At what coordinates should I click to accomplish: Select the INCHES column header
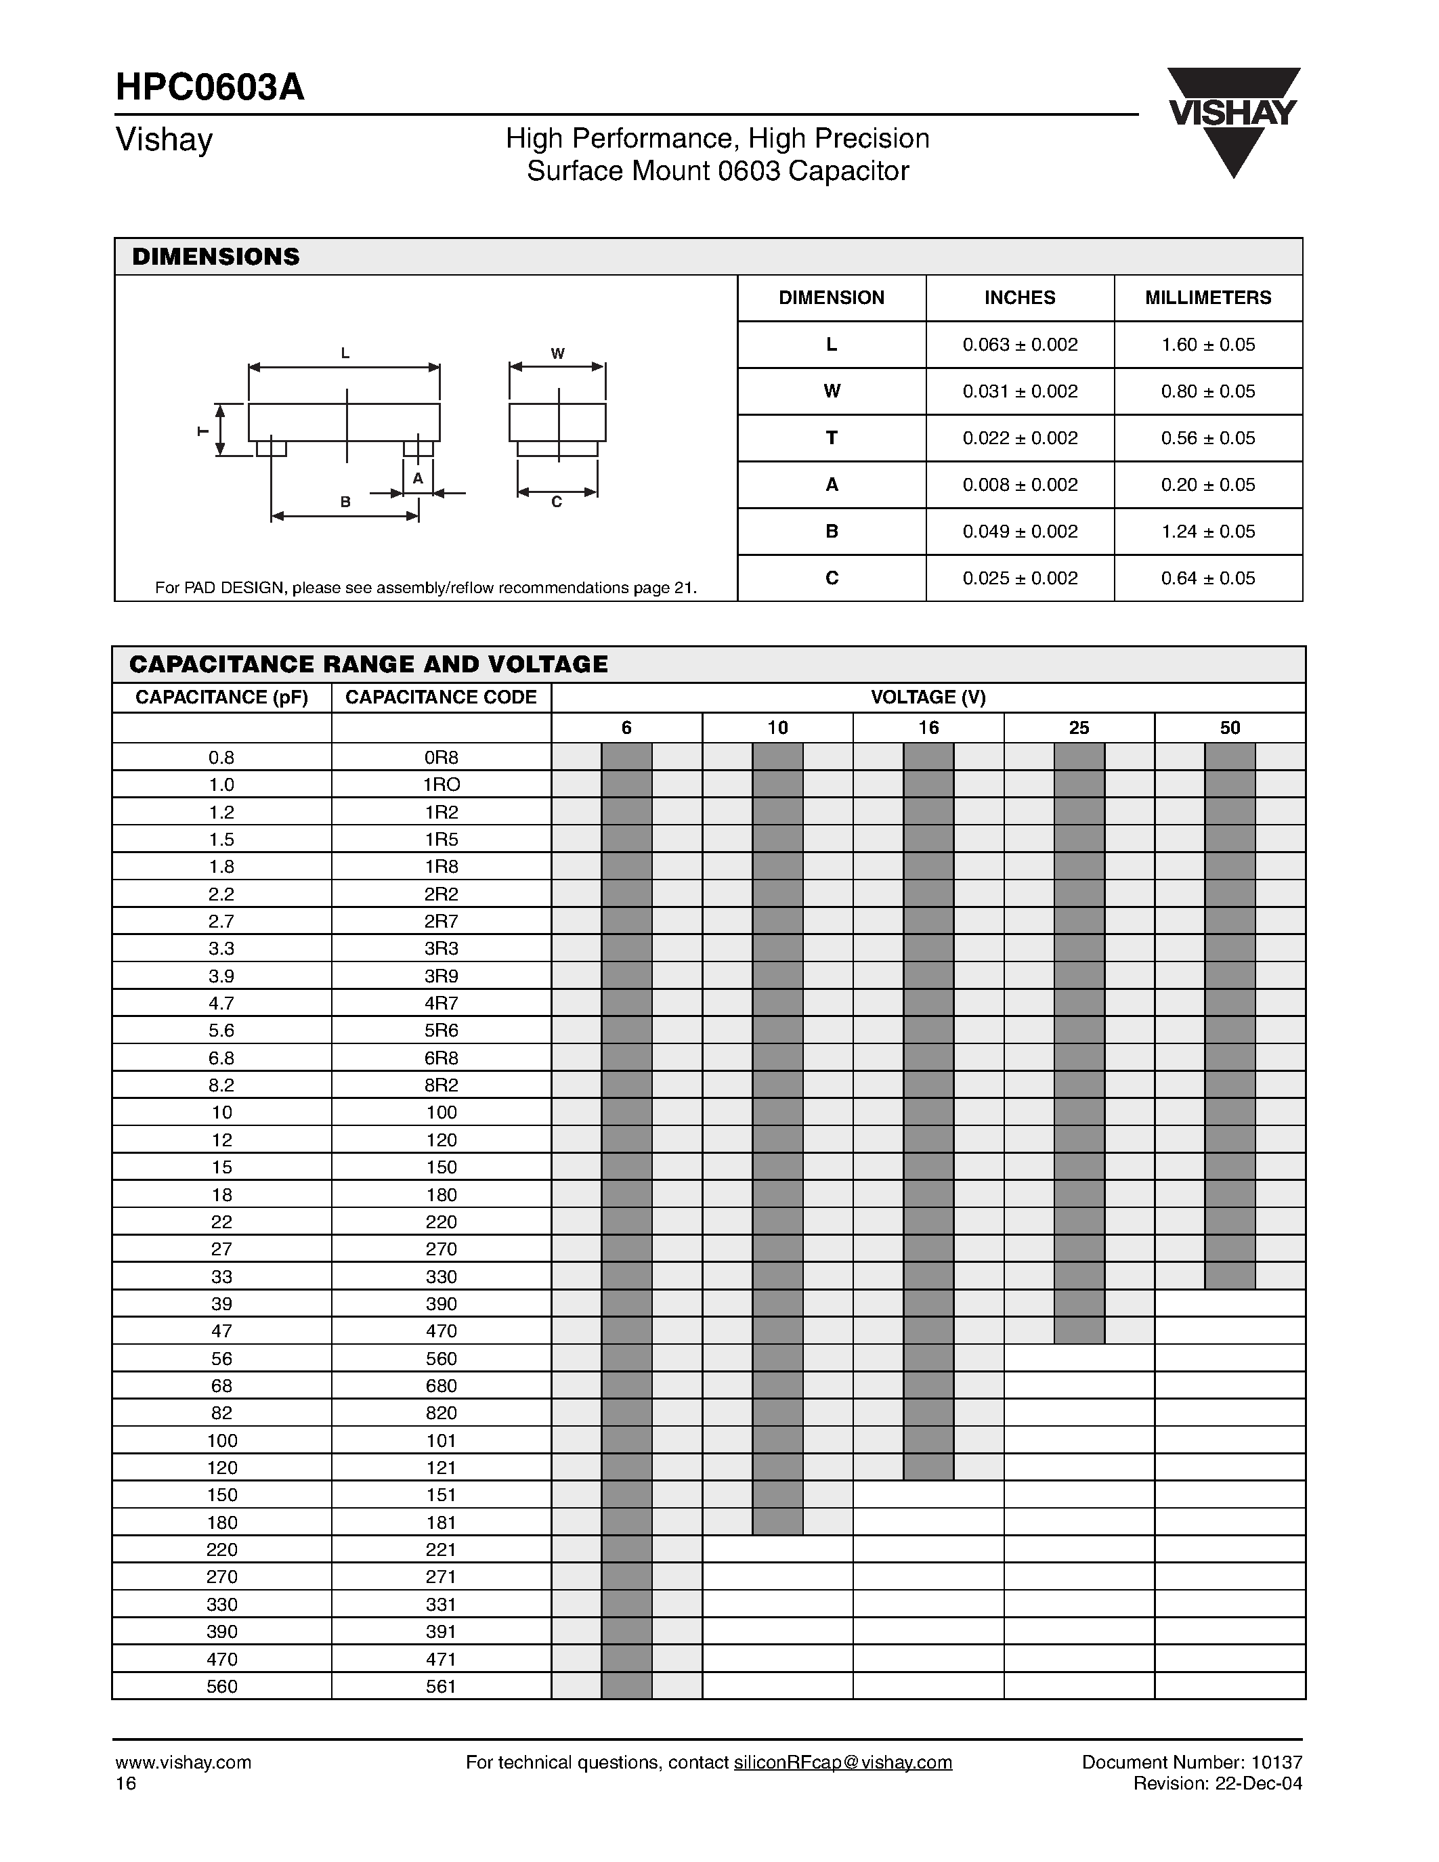(1020, 297)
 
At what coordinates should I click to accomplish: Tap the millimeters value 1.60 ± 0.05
(1208, 345)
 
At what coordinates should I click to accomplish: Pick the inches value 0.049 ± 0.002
(1020, 531)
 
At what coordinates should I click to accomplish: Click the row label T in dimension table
(831, 437)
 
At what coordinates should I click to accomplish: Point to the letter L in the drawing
(345, 353)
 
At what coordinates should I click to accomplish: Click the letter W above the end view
(557, 353)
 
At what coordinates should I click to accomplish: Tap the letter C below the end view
(557, 502)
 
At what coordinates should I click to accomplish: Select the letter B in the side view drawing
(345, 502)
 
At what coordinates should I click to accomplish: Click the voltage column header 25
(1078, 727)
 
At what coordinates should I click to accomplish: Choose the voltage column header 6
(626, 727)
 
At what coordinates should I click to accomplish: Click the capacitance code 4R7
(441, 1003)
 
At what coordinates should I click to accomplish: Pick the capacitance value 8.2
(221, 1085)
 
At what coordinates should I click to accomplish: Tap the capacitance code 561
(441, 1685)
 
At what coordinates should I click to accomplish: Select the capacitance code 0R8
(441, 757)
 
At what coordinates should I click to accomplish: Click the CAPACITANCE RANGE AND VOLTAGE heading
(368, 664)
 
